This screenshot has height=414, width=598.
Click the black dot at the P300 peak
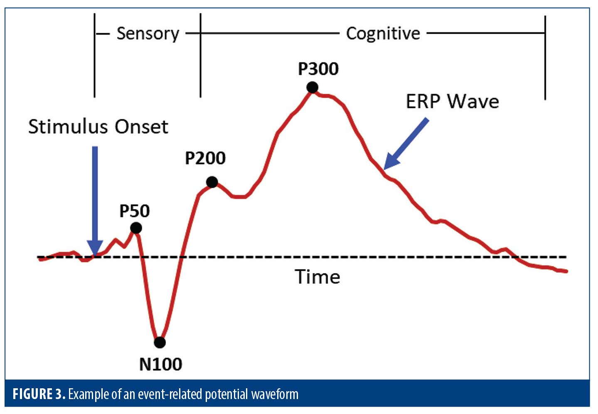(312, 87)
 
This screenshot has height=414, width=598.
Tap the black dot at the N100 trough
(160, 342)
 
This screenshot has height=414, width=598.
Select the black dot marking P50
(136, 228)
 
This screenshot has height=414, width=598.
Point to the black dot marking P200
(212, 182)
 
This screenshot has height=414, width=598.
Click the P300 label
(318, 69)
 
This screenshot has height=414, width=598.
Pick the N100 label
(161, 364)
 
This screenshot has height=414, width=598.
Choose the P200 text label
(205, 158)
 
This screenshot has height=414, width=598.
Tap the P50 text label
(135, 211)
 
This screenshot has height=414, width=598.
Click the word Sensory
(148, 34)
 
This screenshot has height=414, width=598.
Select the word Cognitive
(383, 34)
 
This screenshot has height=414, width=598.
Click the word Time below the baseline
(317, 277)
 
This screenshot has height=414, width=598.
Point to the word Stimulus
(68, 126)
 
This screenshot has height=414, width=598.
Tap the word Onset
(141, 126)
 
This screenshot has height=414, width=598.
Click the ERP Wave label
(452, 101)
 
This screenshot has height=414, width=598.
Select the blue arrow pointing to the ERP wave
(406, 144)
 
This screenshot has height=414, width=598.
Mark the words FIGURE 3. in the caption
(39, 394)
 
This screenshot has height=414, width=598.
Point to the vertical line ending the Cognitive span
(545, 58)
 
